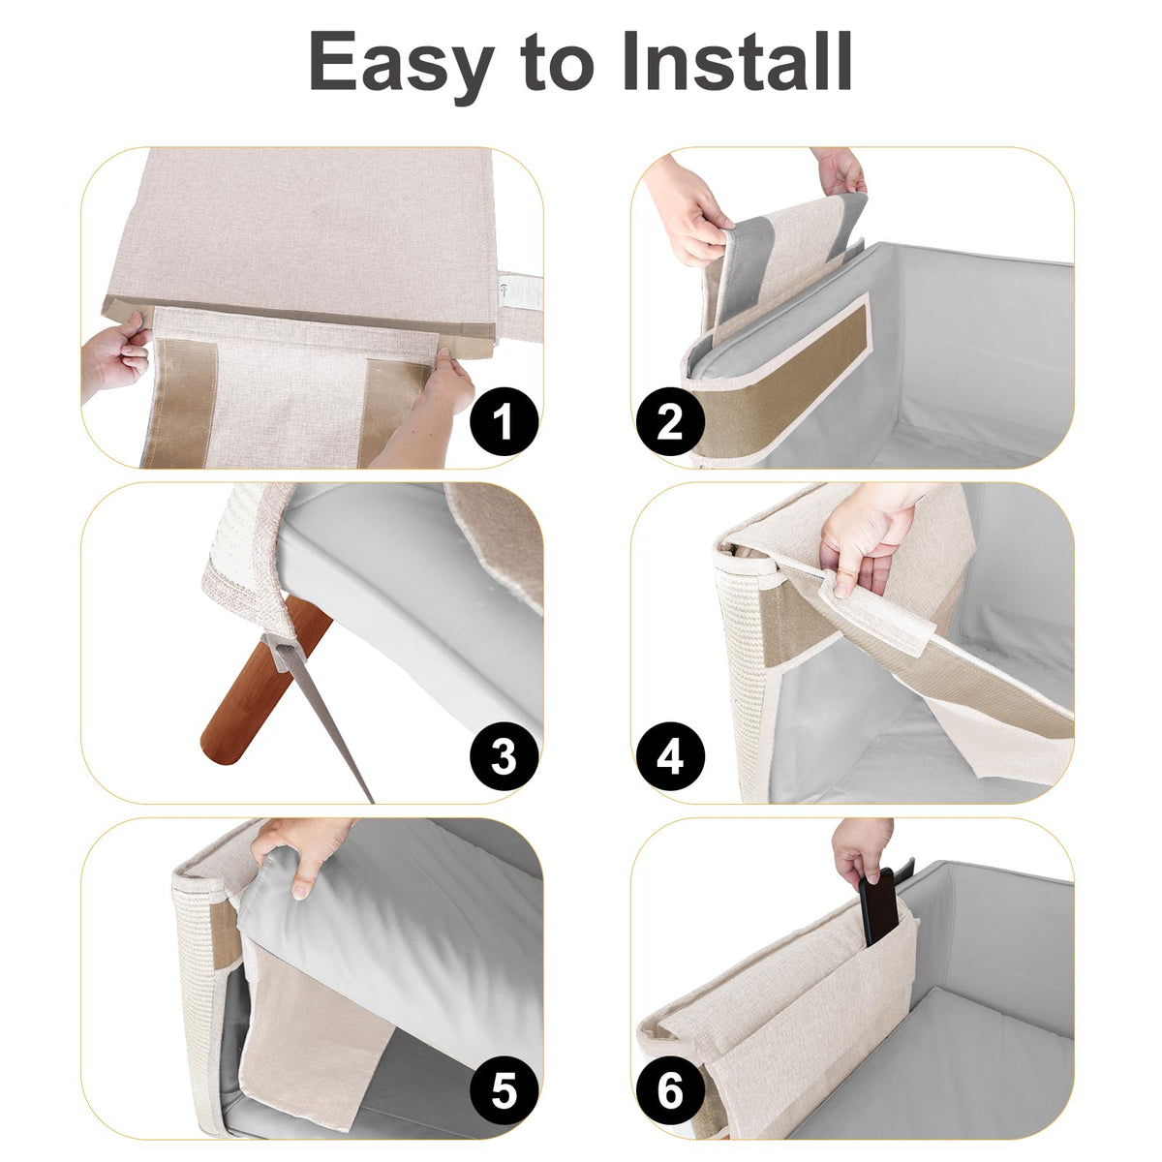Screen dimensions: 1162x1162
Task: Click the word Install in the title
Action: click(x=736, y=60)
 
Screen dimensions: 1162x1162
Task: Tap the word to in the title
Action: click(x=559, y=64)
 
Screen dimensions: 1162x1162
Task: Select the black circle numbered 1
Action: click(x=504, y=421)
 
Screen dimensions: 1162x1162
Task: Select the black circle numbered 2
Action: click(x=670, y=421)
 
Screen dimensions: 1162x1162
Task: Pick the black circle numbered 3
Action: click(x=504, y=756)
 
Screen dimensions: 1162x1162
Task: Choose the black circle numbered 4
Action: click(x=670, y=756)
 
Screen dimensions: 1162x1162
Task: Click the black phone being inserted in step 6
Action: click(x=878, y=905)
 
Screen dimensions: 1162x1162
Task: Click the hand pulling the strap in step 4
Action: click(x=869, y=536)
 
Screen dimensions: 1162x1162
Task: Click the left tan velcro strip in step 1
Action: click(x=180, y=404)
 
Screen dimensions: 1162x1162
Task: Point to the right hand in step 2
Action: click(x=840, y=170)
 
